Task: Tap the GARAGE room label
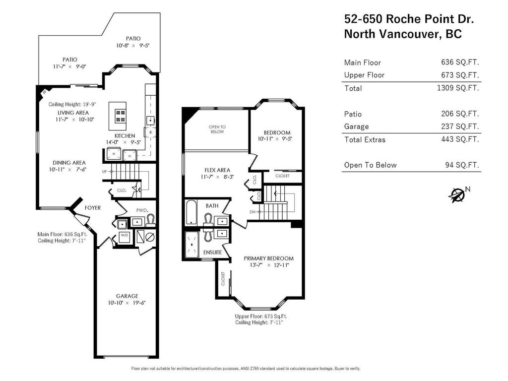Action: (x=127, y=296)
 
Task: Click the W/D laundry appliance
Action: (x=124, y=237)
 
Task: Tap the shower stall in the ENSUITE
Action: (x=191, y=245)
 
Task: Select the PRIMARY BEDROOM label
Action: (x=268, y=258)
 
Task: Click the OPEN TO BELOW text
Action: (x=217, y=129)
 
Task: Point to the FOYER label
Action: (x=93, y=208)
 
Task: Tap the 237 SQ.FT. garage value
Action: (x=460, y=127)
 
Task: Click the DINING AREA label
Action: (x=67, y=163)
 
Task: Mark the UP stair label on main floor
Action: (x=104, y=172)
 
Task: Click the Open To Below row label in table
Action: (x=370, y=165)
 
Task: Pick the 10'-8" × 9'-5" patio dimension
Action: (x=132, y=46)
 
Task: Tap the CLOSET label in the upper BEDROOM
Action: (x=282, y=176)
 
